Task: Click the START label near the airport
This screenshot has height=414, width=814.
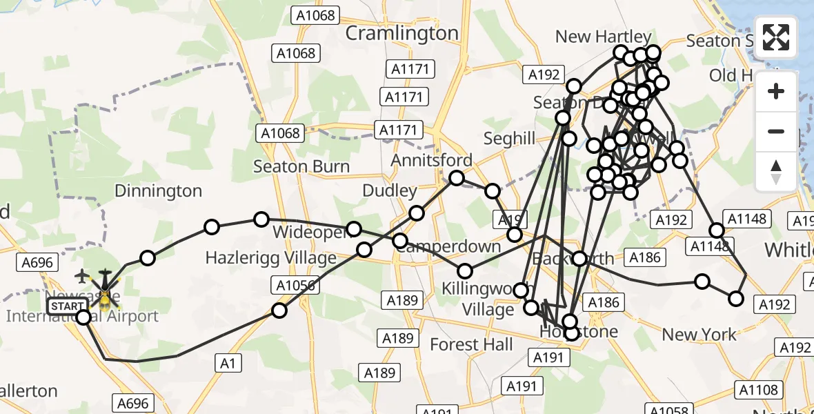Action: (x=68, y=306)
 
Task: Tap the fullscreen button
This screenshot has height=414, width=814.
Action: (x=776, y=37)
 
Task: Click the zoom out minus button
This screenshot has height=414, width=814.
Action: (x=776, y=131)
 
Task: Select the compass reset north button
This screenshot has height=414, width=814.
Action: (x=776, y=171)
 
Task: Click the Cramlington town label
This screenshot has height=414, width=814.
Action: (x=401, y=33)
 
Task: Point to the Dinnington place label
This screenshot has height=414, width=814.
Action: (x=158, y=191)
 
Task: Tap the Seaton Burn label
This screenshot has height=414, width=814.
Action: (x=301, y=166)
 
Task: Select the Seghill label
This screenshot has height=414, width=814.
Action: (x=509, y=139)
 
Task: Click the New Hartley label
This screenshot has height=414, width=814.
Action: (x=602, y=37)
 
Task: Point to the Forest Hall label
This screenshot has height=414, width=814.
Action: (x=471, y=344)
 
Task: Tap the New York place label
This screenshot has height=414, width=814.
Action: (x=699, y=335)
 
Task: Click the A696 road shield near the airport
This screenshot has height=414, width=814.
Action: (x=37, y=262)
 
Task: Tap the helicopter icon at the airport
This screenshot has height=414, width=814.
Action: (x=105, y=290)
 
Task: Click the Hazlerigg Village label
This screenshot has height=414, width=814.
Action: (x=271, y=258)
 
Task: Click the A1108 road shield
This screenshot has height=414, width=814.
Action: (x=758, y=390)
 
